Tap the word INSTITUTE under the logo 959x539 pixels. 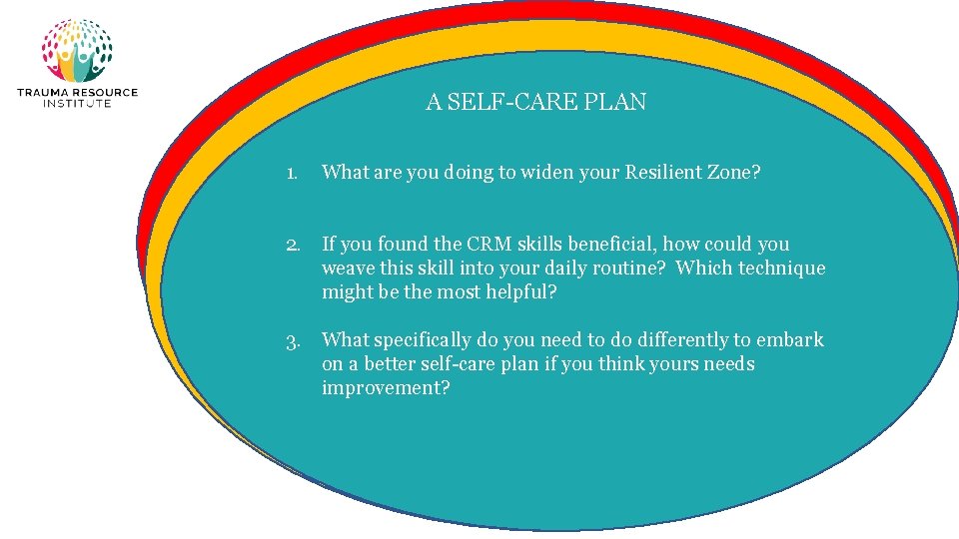pyautogui.click(x=77, y=103)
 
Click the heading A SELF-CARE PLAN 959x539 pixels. pyautogui.click(x=535, y=102)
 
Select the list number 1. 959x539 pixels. pyautogui.click(x=290, y=173)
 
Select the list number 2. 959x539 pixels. pyautogui.click(x=292, y=244)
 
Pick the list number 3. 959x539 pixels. pyautogui.click(x=292, y=340)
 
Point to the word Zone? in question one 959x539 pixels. pyautogui.click(x=733, y=173)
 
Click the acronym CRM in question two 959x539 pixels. pyautogui.click(x=488, y=244)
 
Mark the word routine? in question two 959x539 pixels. pyautogui.click(x=630, y=269)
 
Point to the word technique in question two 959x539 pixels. pyautogui.click(x=781, y=269)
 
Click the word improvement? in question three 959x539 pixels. pyautogui.click(x=386, y=388)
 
